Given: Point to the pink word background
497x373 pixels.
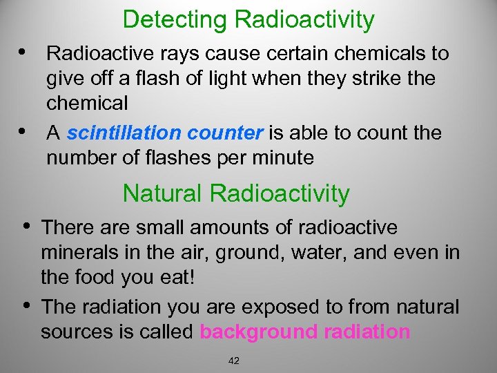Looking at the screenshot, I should tap(258, 332).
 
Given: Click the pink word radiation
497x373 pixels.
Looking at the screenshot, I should tap(366, 332).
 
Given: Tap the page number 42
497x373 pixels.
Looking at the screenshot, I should tap(233, 361).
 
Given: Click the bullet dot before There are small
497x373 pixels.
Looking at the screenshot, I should tap(26, 225).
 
